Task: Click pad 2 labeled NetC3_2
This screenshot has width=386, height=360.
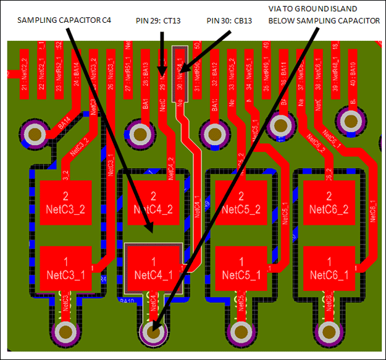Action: tap(65, 203)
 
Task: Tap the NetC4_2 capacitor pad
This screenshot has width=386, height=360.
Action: tap(153, 203)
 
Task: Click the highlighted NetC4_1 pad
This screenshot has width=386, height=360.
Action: tap(153, 268)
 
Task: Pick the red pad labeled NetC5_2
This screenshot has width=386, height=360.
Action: tap(241, 203)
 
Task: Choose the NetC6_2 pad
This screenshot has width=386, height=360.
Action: tap(329, 203)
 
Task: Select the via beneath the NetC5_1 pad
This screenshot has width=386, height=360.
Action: tap(241, 333)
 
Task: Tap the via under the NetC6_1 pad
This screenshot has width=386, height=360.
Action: tap(329, 333)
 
